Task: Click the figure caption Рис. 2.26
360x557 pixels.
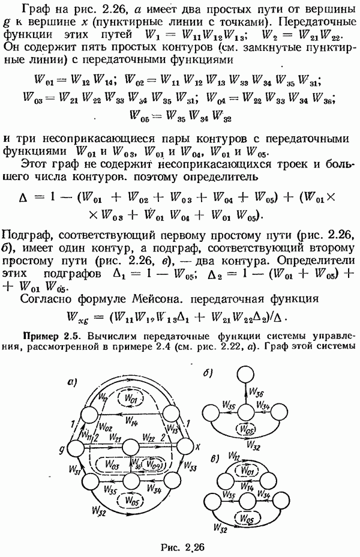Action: [180, 546]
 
